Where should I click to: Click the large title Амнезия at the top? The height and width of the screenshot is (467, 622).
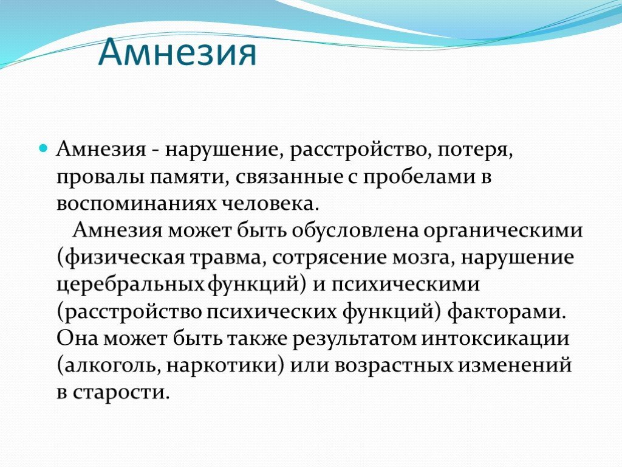click(177, 53)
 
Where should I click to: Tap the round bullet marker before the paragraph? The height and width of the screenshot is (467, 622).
click(43, 148)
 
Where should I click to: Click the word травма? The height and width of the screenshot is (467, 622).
click(228, 258)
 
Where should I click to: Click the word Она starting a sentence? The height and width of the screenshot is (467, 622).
click(77, 339)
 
